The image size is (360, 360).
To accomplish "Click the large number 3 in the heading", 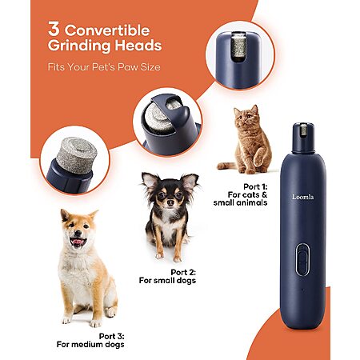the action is pos(54,29).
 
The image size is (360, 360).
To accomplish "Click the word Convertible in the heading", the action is pos(107,30).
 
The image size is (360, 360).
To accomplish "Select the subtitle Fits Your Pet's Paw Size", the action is pos(104,66).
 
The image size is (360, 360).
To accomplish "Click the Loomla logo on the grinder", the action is pos(302,197).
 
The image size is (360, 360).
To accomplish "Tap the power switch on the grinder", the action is pos(302,259).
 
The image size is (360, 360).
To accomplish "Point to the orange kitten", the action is pos(246,139).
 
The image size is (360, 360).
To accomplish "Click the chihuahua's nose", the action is pos(170,203).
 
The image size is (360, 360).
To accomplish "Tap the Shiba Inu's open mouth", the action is pos(78,242).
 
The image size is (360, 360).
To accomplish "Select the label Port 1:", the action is pos(255,186).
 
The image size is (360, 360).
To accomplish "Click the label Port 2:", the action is pos(183,272).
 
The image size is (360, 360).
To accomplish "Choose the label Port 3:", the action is pos(112,336).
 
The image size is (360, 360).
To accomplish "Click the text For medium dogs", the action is pos(90,344).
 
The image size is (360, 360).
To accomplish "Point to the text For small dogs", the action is pos(167,280).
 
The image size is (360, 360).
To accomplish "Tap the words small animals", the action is pos(240,202).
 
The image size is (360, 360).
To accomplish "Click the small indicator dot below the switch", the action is pos(302,290).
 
